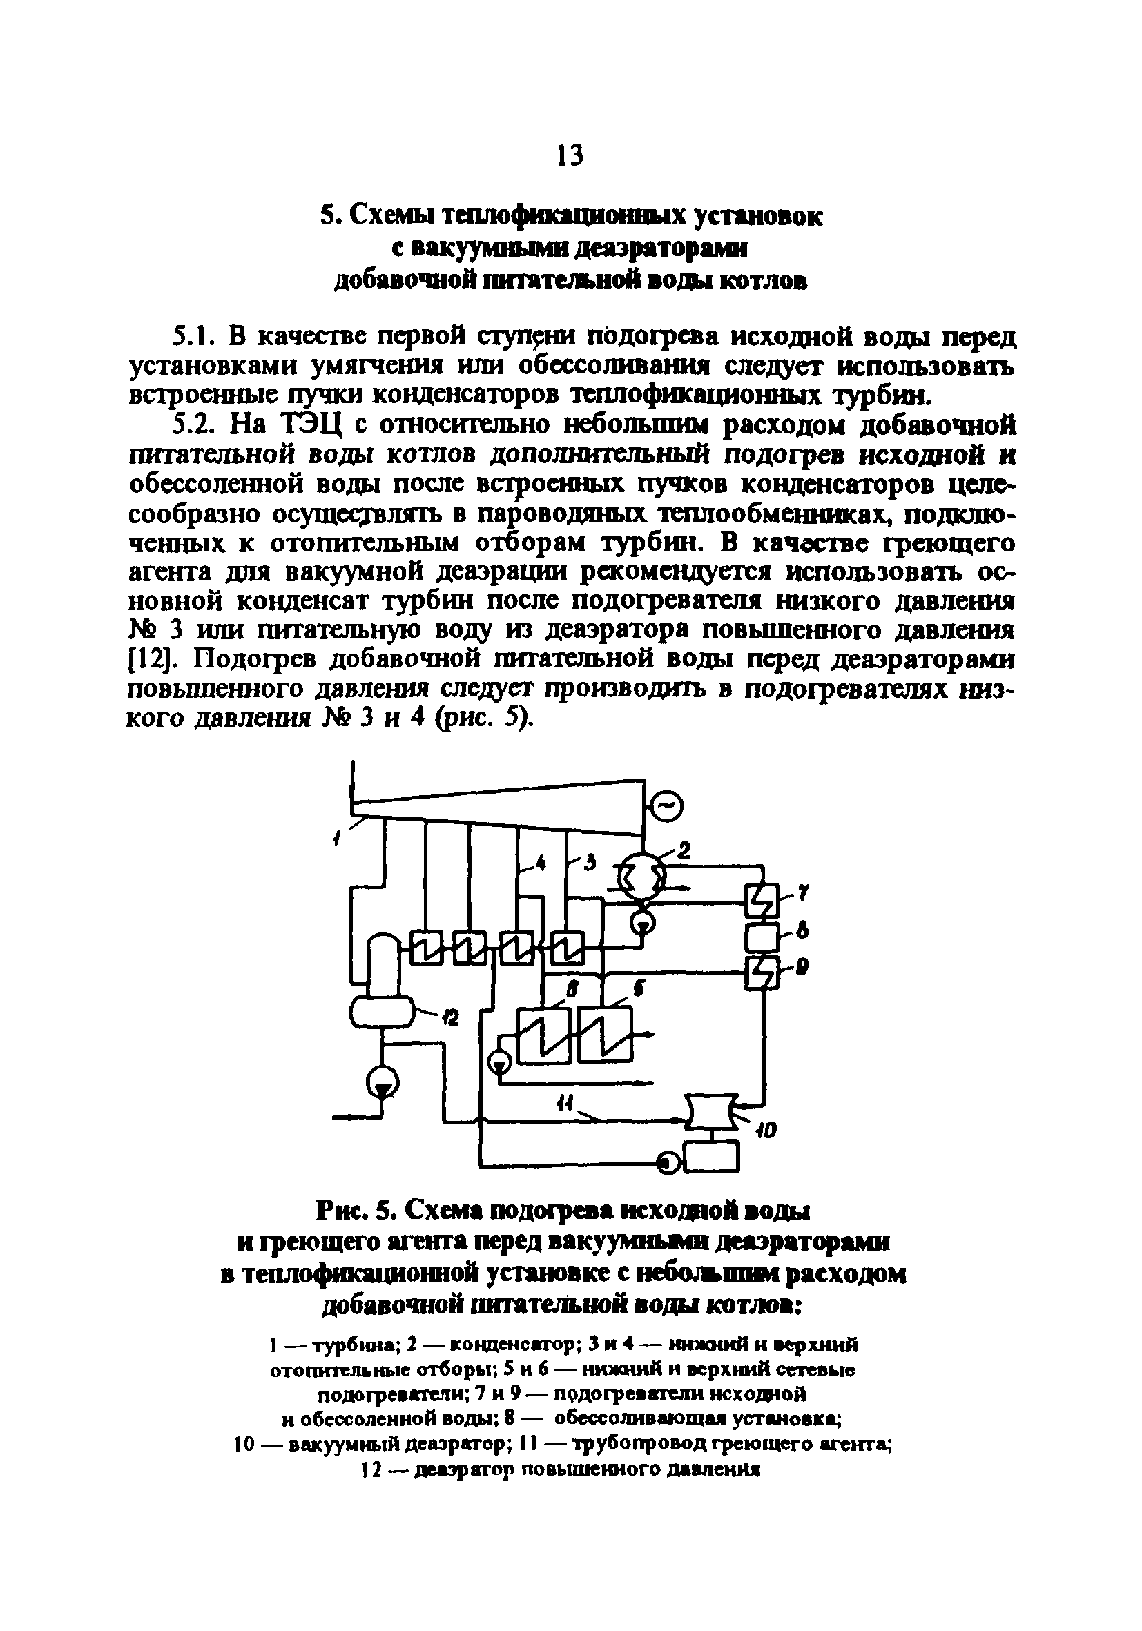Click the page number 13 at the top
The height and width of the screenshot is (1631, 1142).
(570, 154)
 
